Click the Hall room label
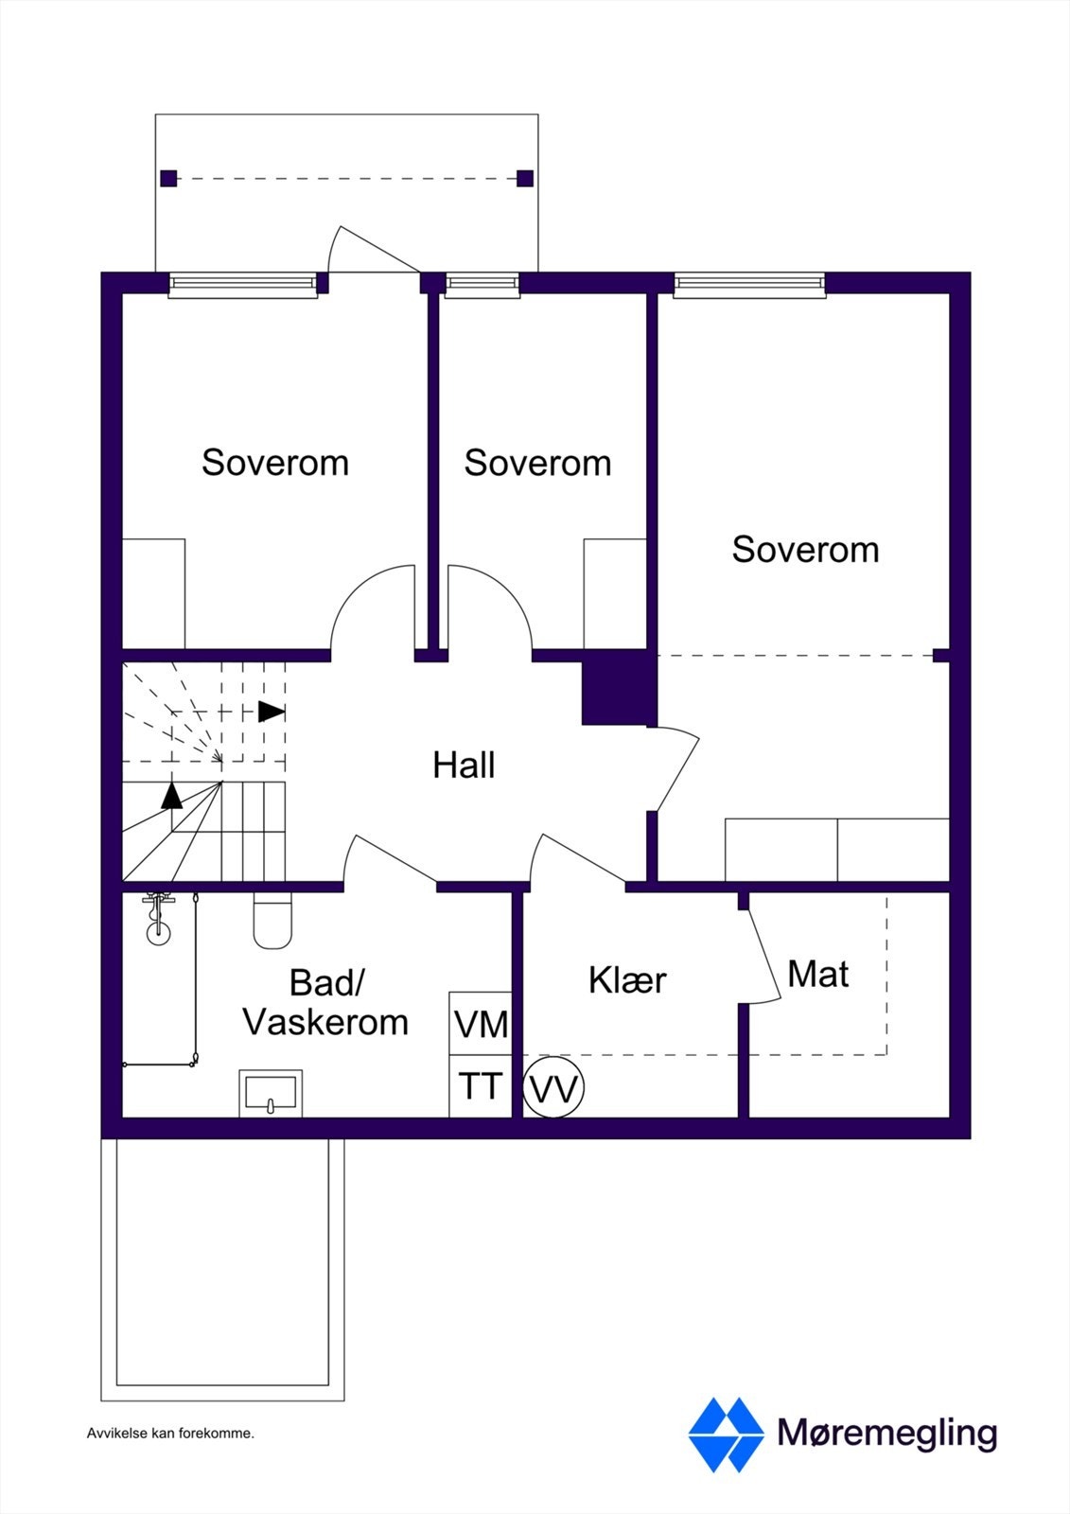(464, 765)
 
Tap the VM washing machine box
(481, 1024)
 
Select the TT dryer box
(481, 1086)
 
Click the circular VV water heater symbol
(553, 1089)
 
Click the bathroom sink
(271, 1093)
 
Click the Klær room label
(627, 980)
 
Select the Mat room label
(817, 974)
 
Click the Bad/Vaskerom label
(325, 1002)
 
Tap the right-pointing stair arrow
(272, 711)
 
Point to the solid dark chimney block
(618, 689)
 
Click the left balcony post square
(168, 178)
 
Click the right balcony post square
(525, 178)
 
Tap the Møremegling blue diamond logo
(726, 1435)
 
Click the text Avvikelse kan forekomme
(170, 1433)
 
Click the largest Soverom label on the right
(805, 549)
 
